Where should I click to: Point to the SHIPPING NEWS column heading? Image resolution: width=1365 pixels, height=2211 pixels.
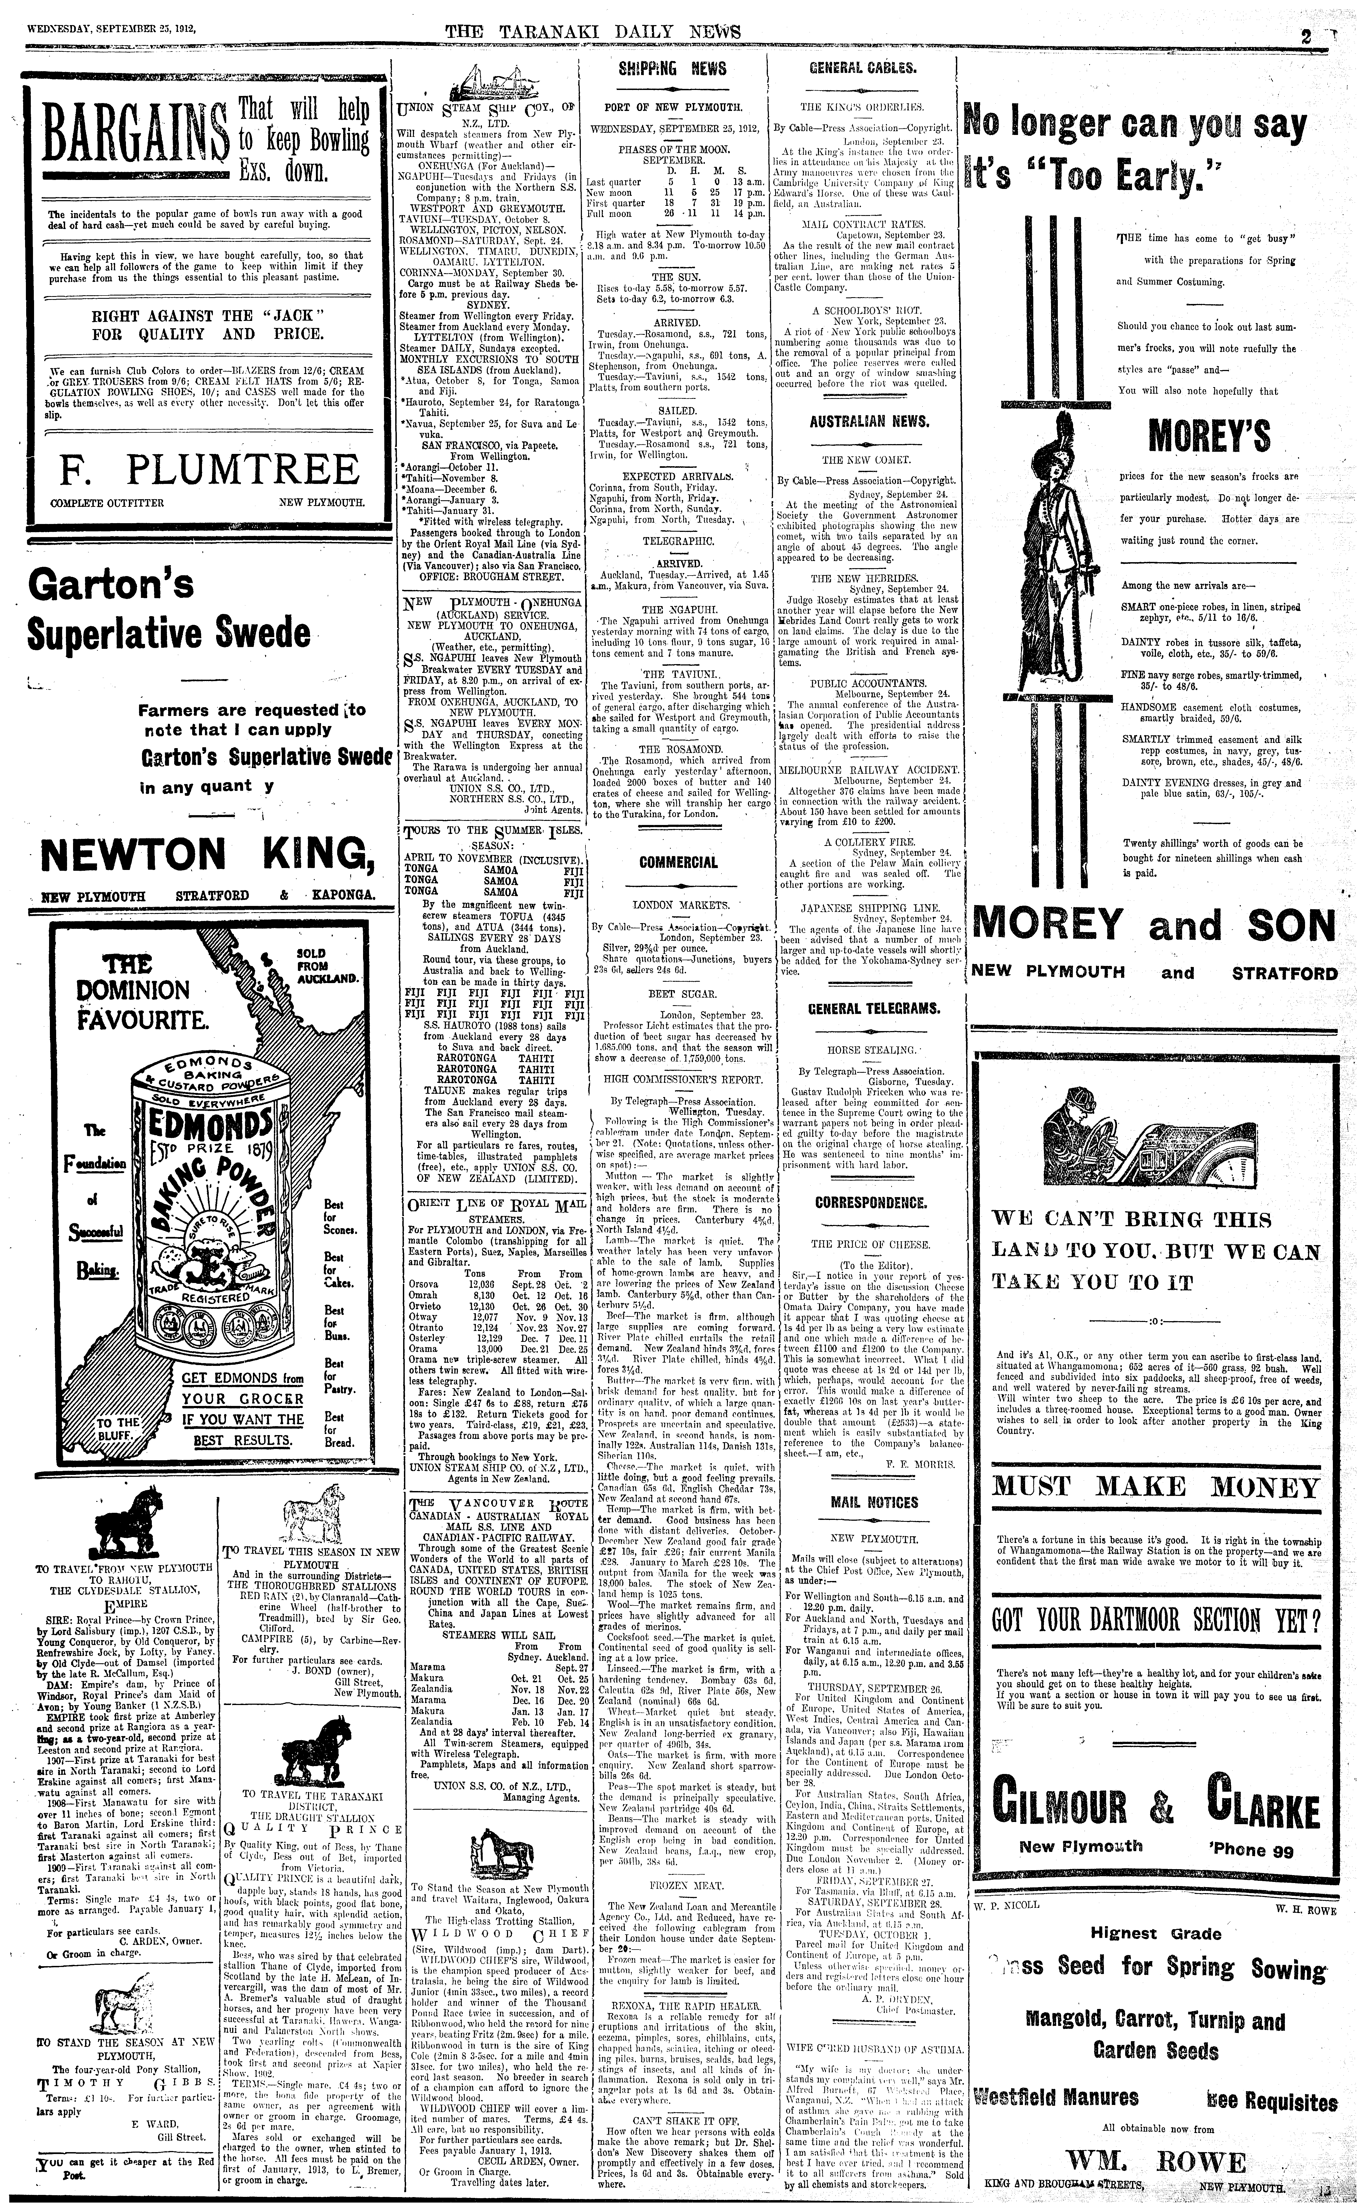click(672, 68)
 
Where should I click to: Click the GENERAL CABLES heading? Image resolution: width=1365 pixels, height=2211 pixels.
click(863, 68)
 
